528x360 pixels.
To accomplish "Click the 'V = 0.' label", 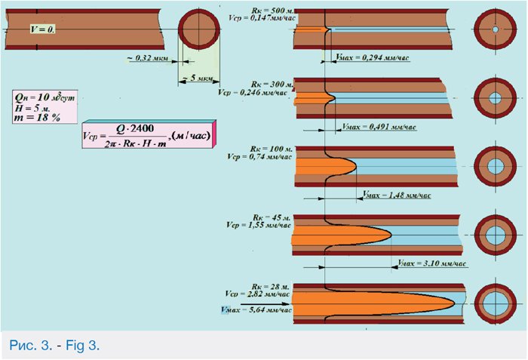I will tap(42, 29).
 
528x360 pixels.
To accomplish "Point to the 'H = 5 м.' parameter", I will tap(30, 106).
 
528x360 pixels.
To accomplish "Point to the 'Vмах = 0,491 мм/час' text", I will tap(379, 127).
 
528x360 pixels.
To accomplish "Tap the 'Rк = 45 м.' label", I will tap(270, 218).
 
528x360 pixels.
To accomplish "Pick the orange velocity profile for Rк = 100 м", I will tap(324, 165).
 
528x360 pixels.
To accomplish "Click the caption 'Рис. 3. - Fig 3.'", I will tap(54, 346).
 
